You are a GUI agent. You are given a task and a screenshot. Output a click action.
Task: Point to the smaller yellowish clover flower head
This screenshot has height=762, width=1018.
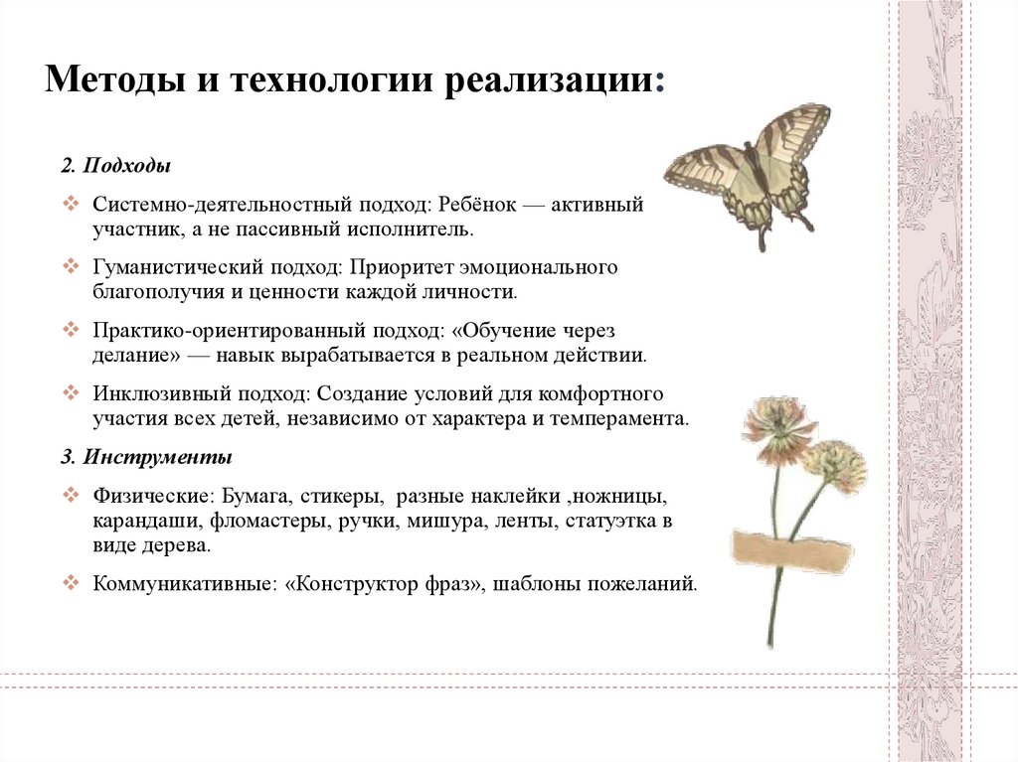[x=833, y=465]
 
